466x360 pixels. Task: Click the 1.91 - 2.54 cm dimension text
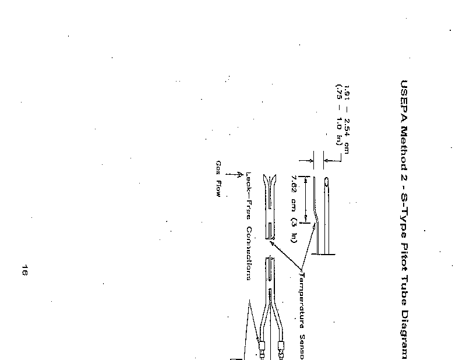[x=347, y=119]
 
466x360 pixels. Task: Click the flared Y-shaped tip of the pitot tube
[x=269, y=181]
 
